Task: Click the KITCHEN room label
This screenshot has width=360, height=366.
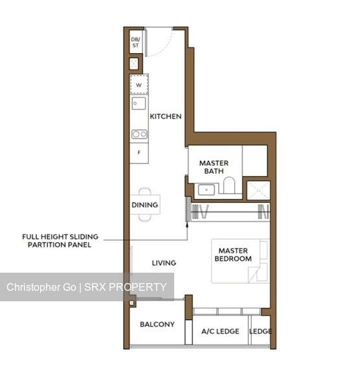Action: point(166,117)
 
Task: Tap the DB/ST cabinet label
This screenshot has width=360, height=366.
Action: point(135,43)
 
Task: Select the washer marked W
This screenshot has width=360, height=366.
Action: point(139,85)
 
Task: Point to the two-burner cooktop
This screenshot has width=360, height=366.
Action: point(139,134)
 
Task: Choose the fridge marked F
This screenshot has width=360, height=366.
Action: point(139,154)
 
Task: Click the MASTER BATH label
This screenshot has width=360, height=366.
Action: point(214,167)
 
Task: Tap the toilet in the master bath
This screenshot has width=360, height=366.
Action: point(229,188)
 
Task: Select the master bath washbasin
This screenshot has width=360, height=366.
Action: point(207,189)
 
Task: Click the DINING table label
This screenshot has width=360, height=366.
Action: point(144,205)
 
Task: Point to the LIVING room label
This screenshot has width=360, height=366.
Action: point(164,263)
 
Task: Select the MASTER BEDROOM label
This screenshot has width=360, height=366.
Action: point(234,255)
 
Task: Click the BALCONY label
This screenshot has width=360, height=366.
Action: point(157,325)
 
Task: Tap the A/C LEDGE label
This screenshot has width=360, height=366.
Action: point(220,331)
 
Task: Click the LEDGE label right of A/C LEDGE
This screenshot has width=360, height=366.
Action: point(260,331)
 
